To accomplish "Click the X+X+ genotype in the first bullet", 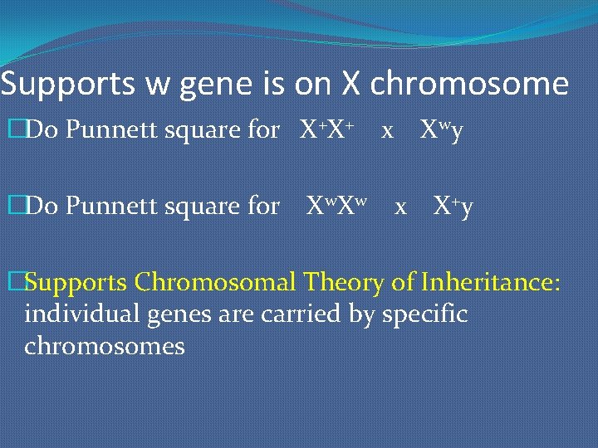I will (x=328, y=130).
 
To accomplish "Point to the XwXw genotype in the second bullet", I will (x=337, y=205).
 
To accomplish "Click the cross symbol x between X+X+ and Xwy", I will (x=386, y=132).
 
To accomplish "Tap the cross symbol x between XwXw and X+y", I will (x=400, y=207).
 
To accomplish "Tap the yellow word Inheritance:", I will (x=491, y=283).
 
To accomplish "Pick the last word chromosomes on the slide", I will (x=105, y=346).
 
